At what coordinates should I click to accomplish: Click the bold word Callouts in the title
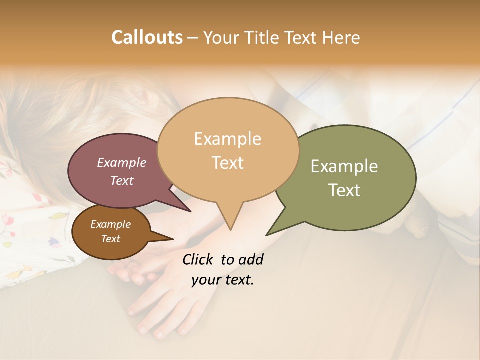(147, 37)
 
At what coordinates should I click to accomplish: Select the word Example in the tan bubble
(227, 139)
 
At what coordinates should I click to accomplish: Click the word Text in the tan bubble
(227, 163)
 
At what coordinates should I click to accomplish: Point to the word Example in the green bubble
(344, 166)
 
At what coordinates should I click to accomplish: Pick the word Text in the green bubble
(344, 190)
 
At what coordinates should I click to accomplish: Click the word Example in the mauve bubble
(121, 162)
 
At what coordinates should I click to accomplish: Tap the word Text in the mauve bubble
(121, 180)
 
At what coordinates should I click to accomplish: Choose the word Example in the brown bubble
(110, 224)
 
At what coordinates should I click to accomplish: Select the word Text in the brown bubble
(110, 239)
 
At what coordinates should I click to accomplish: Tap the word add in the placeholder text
(250, 259)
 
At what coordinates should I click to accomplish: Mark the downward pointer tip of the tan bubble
(230, 230)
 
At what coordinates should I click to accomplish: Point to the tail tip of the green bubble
(267, 235)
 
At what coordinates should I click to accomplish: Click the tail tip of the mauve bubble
(191, 211)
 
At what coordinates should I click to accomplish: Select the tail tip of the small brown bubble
(173, 239)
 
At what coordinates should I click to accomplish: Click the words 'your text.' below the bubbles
(222, 280)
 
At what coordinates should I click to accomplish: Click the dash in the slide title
(193, 38)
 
